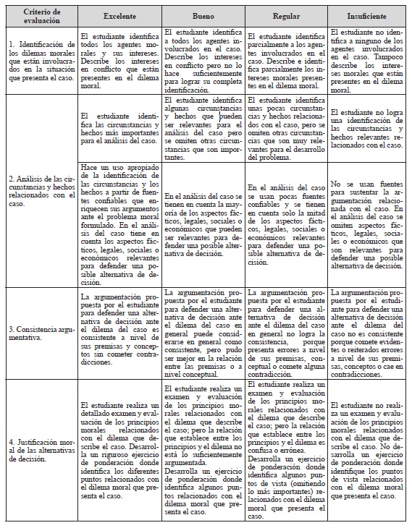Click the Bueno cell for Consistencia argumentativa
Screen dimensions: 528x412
point(203,333)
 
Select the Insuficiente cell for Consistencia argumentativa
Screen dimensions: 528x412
point(367,333)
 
